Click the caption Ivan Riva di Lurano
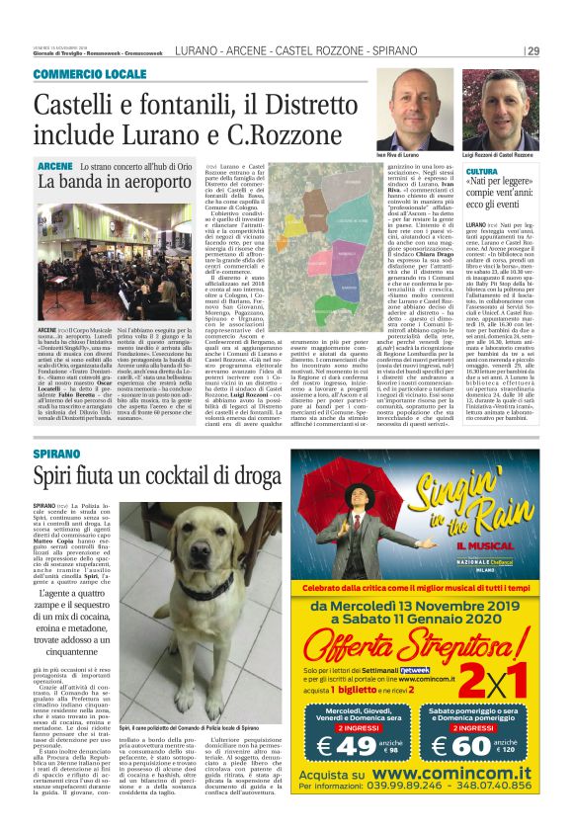pyautogui.click(x=398, y=156)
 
